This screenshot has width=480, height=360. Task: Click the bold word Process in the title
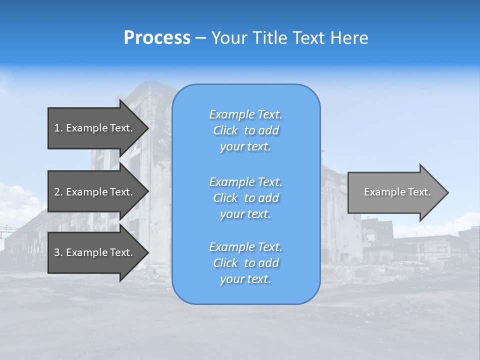(157, 38)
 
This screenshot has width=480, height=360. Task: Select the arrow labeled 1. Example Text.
(93, 128)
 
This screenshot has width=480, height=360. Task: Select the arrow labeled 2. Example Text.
(93, 192)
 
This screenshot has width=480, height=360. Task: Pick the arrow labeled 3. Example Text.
(93, 252)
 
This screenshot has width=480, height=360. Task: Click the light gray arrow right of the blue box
(395, 192)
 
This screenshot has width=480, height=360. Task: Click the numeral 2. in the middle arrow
(58, 192)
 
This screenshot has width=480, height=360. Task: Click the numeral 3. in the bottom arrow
(58, 252)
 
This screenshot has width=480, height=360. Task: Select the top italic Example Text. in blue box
(245, 114)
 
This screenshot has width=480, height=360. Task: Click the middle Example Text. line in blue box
(245, 182)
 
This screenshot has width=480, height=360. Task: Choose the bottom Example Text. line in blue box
(245, 247)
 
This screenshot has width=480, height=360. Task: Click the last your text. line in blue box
(245, 279)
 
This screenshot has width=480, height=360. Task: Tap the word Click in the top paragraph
(225, 130)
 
